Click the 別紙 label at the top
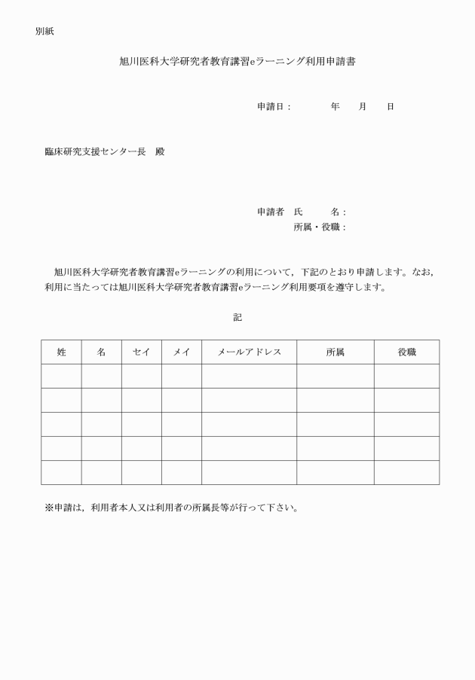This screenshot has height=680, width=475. [x=44, y=32]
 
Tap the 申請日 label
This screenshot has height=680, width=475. [x=274, y=107]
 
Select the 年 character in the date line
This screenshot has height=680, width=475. [x=335, y=107]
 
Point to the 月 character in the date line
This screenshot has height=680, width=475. [x=363, y=107]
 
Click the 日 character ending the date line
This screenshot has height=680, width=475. [x=391, y=107]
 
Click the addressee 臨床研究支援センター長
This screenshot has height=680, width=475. [x=95, y=151]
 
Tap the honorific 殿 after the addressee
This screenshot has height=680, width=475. [x=160, y=151]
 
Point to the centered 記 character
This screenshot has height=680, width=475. [x=237, y=318]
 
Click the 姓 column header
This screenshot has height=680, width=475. [x=61, y=352]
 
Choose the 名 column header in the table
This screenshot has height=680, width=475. [x=101, y=352]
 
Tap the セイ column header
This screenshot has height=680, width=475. [x=141, y=352]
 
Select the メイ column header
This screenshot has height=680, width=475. [x=181, y=352]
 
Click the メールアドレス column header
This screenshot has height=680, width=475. [x=249, y=352]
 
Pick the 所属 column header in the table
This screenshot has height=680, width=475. [x=335, y=352]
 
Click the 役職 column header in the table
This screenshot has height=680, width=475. [x=406, y=352]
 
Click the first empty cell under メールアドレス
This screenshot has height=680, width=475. [x=249, y=376]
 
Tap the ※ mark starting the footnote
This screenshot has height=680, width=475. [x=49, y=507]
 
